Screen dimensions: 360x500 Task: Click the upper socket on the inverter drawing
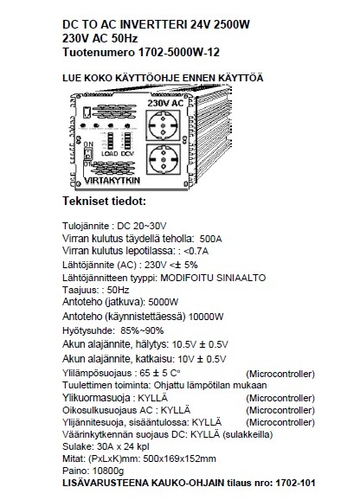tap(163, 125)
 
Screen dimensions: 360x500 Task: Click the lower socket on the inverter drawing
tap(164, 159)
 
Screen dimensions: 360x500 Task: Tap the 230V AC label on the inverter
tap(165, 103)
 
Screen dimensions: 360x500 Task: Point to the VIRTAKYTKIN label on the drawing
tap(112, 181)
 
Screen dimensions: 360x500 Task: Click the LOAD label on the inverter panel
tap(109, 154)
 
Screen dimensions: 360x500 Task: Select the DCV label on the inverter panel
tap(127, 154)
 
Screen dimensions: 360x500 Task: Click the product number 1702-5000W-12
tap(179, 52)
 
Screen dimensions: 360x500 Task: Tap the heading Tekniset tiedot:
tap(104, 202)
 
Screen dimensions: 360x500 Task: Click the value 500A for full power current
tap(210, 239)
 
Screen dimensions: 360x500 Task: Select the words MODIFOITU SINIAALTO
tap(213, 278)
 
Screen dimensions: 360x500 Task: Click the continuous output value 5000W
tap(164, 302)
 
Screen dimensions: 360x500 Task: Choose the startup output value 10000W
tap(206, 317)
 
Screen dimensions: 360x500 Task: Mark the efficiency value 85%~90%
tap(142, 330)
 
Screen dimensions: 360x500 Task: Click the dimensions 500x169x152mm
tap(179, 458)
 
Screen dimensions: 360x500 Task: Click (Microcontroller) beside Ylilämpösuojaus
tap(280, 374)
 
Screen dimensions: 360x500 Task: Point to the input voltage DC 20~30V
tap(142, 226)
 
